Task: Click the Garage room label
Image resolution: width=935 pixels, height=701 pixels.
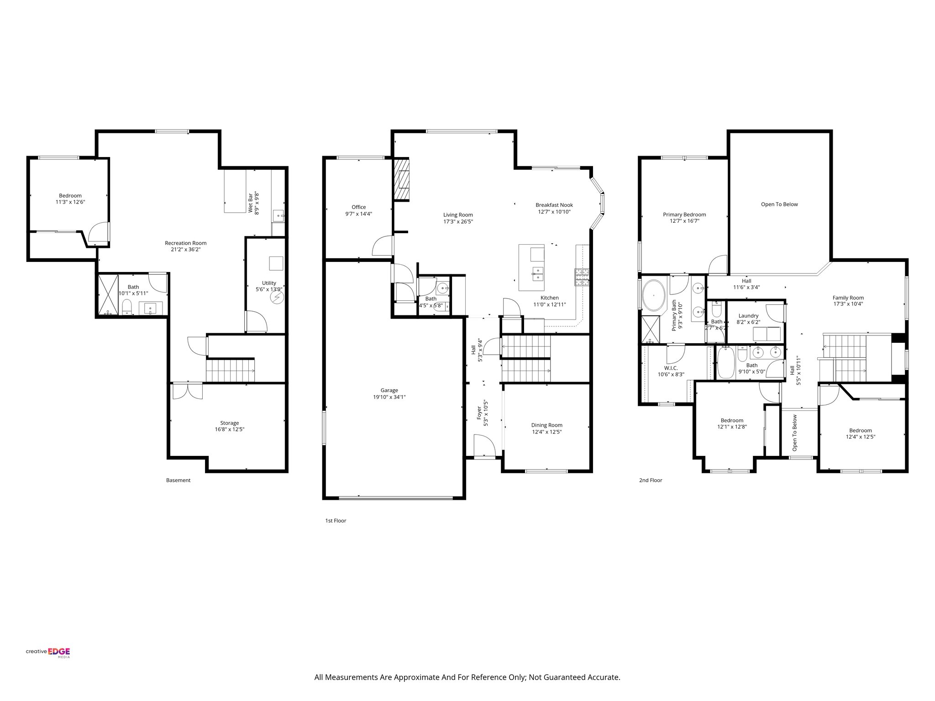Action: point(389,390)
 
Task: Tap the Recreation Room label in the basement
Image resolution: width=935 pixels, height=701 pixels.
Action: point(185,243)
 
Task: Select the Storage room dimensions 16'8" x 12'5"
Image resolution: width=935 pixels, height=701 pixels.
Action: point(229,429)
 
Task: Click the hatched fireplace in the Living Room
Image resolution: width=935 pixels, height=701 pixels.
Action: point(402,179)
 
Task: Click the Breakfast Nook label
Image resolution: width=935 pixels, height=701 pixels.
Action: point(554,205)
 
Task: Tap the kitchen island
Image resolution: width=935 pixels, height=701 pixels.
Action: point(531,268)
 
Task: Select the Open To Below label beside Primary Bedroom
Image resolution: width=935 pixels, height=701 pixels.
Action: point(779,204)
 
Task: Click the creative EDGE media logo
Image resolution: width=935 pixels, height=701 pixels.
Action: point(48,652)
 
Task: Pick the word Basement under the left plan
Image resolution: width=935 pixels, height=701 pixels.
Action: point(178,480)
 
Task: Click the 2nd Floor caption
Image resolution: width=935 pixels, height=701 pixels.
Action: point(650,480)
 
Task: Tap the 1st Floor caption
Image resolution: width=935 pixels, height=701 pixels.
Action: point(335,520)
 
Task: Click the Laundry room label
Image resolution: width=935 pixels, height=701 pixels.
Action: point(748,315)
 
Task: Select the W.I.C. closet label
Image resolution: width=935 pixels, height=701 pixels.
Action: point(670,368)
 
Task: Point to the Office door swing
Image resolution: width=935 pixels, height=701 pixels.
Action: point(383,246)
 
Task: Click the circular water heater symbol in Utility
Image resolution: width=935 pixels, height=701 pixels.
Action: point(277,298)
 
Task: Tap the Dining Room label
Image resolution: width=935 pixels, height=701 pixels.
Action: point(546,425)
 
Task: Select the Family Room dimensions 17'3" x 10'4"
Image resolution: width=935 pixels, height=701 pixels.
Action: point(848,304)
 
